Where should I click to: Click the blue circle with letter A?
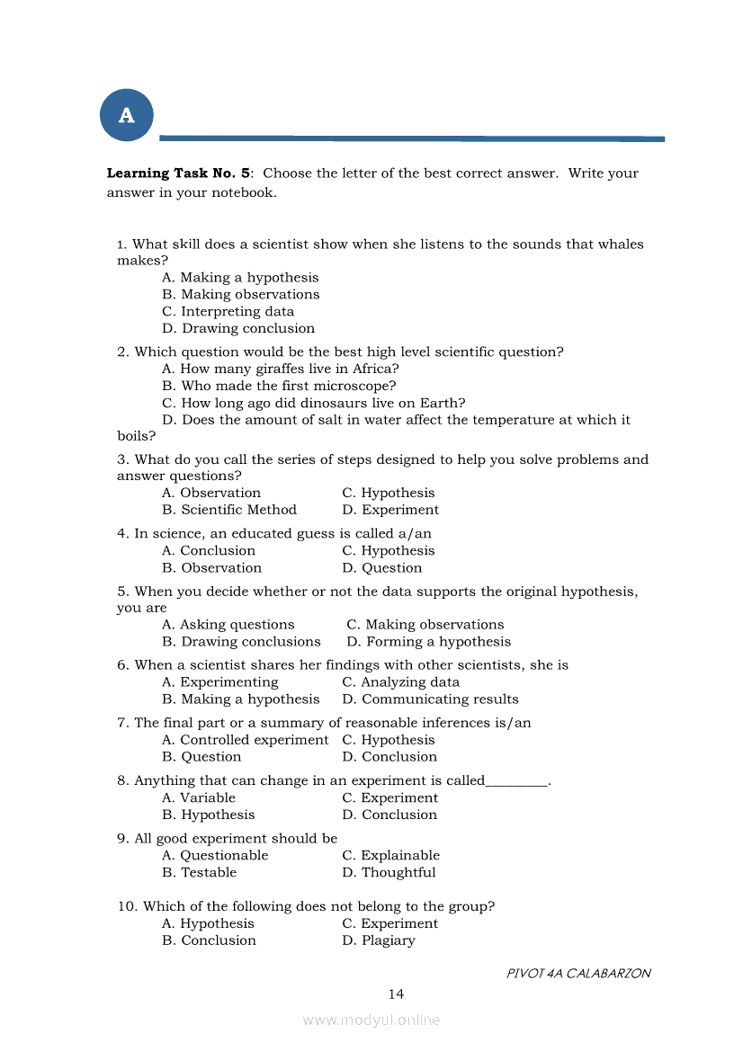127,115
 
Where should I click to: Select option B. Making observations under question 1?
241,295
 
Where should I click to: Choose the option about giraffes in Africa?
281,369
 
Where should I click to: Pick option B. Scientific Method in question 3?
229,510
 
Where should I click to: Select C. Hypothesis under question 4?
389,551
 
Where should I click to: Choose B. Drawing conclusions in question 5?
241,642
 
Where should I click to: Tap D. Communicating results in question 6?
430,699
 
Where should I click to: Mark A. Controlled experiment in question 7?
246,740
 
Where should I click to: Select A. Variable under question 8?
199,798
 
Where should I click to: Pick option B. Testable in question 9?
200,873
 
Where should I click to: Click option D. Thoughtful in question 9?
389,873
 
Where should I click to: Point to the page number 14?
396,993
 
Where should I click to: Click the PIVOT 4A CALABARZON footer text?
578,974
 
